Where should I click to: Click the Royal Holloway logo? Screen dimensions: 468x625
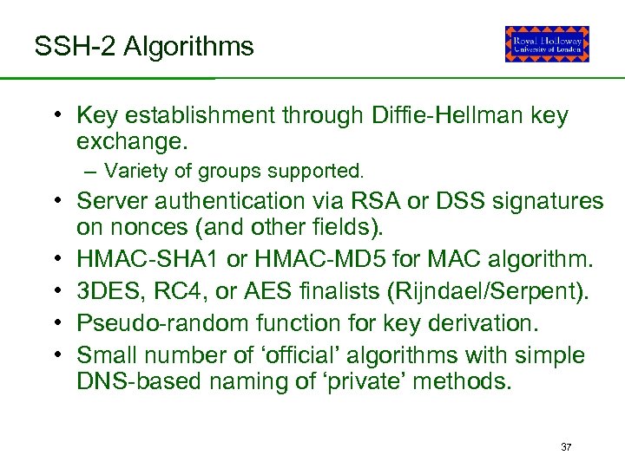coord(547,43)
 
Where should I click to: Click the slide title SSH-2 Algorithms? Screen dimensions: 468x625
coord(144,46)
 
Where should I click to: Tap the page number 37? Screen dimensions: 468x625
coord(566,447)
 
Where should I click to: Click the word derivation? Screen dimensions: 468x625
coord(491,322)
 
